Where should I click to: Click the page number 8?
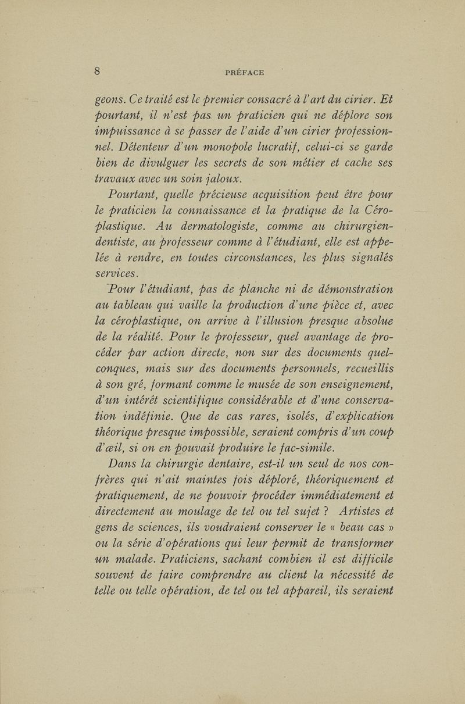99,72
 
